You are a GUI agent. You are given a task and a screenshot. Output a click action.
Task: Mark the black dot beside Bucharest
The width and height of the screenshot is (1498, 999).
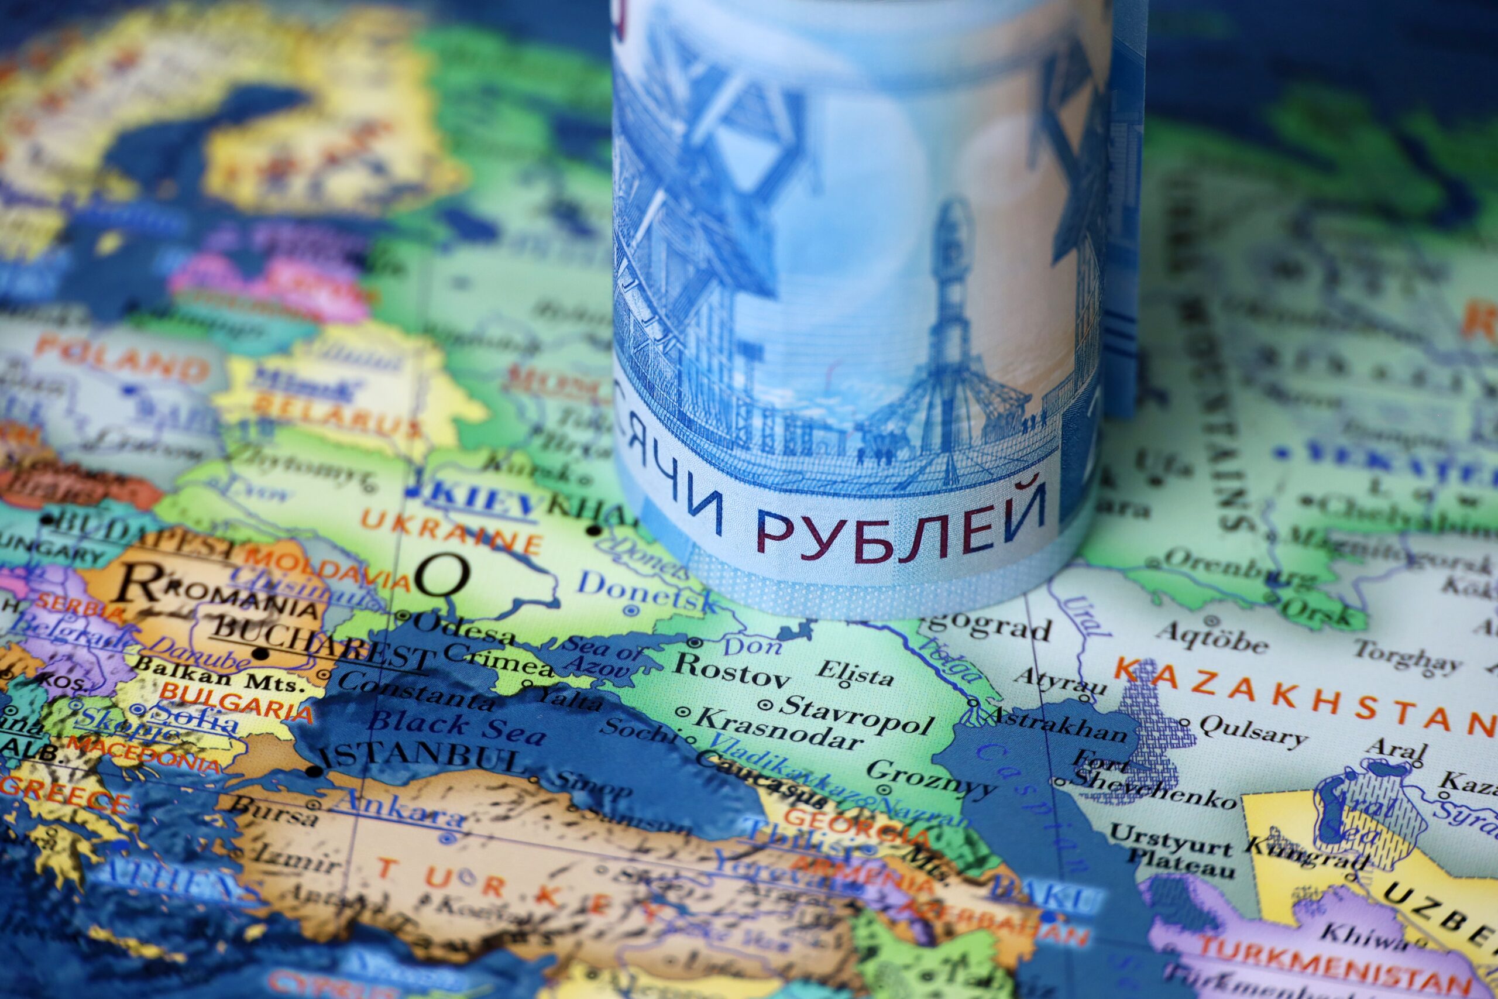coord(260,653)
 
